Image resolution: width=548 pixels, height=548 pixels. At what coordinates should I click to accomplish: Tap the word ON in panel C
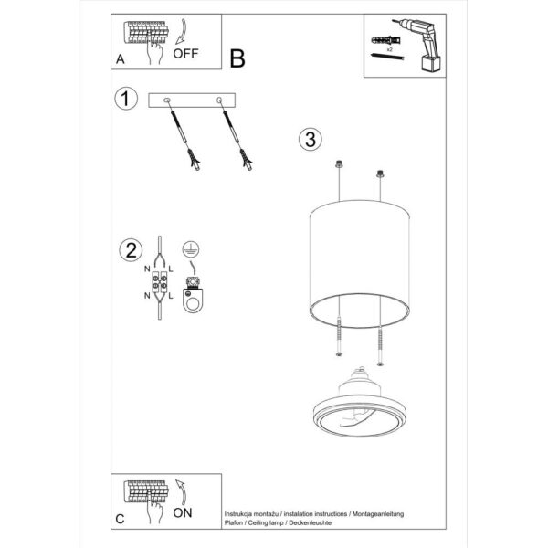(184, 512)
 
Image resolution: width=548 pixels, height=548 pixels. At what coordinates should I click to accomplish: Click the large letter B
(237, 59)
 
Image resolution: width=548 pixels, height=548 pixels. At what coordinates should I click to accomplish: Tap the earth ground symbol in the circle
(190, 248)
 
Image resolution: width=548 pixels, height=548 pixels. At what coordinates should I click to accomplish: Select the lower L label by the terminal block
(173, 297)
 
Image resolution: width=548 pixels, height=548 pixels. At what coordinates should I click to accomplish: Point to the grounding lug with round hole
(193, 298)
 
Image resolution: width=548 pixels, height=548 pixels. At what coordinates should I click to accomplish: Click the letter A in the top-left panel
(121, 59)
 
